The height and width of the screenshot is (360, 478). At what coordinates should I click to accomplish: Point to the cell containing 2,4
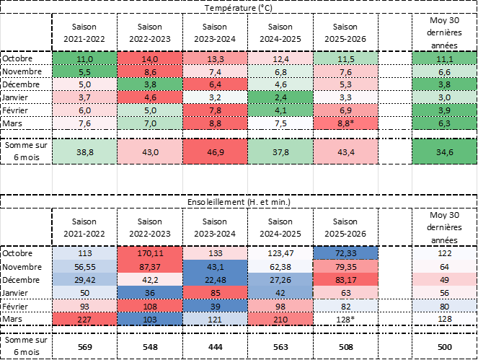click(x=280, y=97)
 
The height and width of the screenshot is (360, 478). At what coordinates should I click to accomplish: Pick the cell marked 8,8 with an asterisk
click(x=346, y=123)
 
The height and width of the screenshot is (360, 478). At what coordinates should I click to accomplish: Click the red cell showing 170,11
click(x=150, y=254)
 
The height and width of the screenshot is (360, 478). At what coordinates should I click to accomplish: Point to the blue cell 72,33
click(x=346, y=254)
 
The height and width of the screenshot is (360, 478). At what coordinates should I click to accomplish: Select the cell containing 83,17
click(x=346, y=280)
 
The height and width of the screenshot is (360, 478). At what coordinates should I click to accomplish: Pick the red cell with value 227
click(x=85, y=319)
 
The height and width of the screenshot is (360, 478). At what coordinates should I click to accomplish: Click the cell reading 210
click(x=280, y=319)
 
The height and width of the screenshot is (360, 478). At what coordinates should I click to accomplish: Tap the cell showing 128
click(x=444, y=319)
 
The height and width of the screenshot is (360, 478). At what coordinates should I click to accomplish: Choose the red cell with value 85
click(x=215, y=293)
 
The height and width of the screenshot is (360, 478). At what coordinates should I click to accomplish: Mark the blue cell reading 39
click(x=215, y=306)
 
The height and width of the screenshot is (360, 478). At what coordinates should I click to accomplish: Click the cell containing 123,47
click(x=280, y=254)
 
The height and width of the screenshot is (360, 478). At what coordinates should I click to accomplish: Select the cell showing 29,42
click(x=85, y=280)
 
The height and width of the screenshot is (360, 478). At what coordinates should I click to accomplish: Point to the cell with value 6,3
click(x=444, y=123)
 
